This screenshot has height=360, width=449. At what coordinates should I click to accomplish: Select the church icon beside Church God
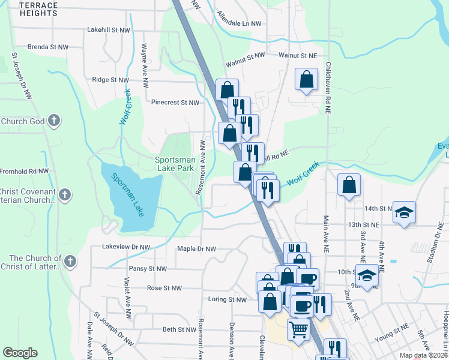coord(54,121)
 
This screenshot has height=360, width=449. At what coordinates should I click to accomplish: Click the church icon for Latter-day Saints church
coord(70,261)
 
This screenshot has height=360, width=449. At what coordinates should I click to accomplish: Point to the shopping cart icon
coord(298,329)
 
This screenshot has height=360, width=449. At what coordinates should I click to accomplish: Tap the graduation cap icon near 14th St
coord(405,212)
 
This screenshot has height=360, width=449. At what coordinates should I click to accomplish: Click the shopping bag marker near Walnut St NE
coord(306,80)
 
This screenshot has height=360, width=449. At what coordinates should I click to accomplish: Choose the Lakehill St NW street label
coord(108,29)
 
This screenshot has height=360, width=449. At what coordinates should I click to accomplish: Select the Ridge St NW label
coord(110,79)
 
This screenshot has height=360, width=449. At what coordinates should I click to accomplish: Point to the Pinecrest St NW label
coord(175,103)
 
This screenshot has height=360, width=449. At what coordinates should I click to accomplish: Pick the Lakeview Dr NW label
coord(126,247)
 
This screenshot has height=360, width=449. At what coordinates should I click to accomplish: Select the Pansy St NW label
coord(148,269)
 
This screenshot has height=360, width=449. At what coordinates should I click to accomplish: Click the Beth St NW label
coord(179,329)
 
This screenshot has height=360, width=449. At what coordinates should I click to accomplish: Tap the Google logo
coord(20,353)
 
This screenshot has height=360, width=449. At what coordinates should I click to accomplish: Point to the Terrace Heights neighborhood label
coord(38,9)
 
